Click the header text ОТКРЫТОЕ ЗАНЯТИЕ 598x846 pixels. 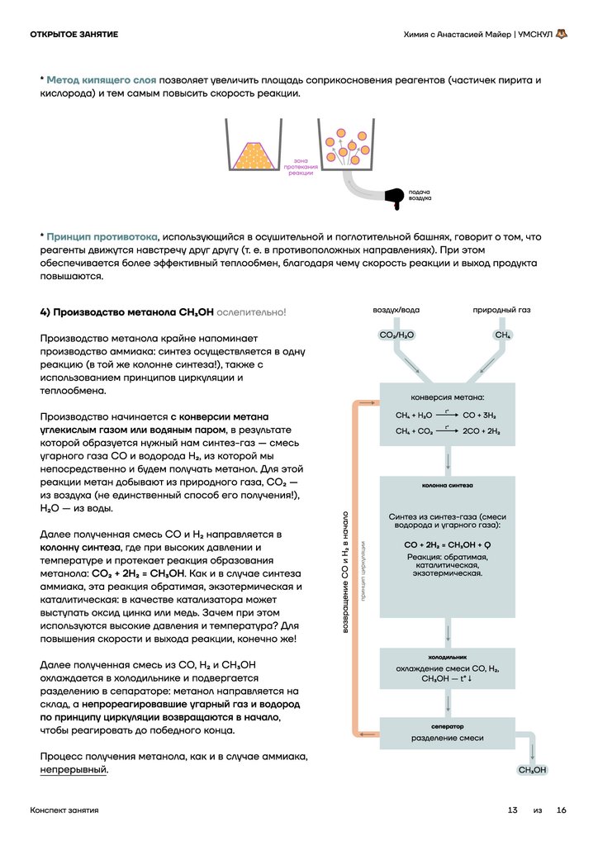74,34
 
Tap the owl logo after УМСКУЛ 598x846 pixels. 562,34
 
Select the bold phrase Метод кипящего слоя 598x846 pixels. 102,80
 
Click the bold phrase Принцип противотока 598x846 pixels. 102,236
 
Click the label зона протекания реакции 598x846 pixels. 301,166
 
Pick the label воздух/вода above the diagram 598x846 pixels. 396,310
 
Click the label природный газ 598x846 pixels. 501,310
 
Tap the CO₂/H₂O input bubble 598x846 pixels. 396,335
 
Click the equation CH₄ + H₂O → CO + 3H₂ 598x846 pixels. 445,415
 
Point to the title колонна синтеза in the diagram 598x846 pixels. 447,486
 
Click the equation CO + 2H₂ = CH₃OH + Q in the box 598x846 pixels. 447,545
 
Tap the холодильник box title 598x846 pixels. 447,656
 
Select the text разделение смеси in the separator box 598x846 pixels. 447,738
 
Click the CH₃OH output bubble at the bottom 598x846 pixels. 533,770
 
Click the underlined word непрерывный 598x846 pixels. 74,769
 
